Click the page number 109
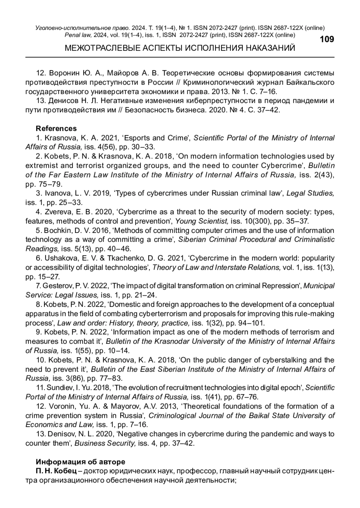point(327,40)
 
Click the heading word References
point(56,129)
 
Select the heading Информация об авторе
point(80,462)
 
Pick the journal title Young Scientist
point(202,221)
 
